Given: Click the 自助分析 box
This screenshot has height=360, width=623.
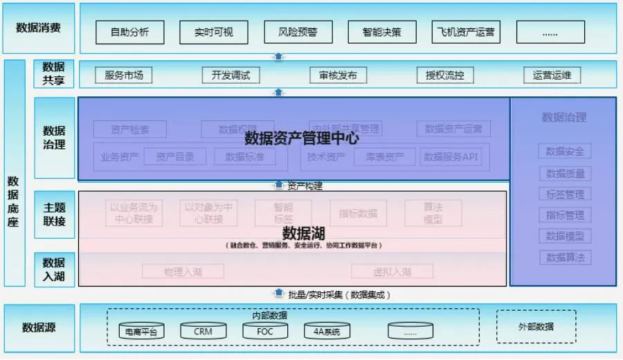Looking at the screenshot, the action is point(129,32).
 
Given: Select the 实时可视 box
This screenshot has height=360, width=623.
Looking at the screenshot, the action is point(214,32).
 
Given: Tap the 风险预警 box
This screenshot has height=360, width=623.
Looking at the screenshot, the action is point(298,32).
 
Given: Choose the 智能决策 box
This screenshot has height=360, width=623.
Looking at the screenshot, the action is point(381,32).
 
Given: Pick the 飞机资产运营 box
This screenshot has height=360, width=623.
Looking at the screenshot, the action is point(466,32).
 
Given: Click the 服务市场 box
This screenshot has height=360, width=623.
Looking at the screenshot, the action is point(124,75).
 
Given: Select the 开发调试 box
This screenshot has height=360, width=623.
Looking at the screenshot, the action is point(231,75).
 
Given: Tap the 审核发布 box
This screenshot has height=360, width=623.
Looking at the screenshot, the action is point(338,75).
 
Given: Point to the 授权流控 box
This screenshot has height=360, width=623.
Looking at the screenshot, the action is point(445,75).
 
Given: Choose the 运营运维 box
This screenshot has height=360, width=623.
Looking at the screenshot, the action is point(552,75).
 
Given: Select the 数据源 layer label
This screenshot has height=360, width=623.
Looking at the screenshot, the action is point(39,327).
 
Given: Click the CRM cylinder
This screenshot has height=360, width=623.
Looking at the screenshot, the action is point(203,332).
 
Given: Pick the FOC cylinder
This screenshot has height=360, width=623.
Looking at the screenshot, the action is point(264,332).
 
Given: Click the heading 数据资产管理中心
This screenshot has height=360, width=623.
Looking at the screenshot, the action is point(302,138).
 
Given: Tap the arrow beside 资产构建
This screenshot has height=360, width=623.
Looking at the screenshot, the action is point(278,186).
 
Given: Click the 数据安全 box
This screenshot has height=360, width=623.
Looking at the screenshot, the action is point(565,152).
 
